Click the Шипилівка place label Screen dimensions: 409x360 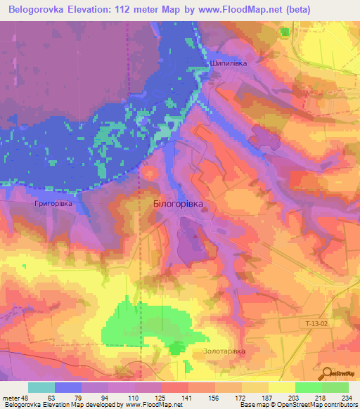pos(229,63)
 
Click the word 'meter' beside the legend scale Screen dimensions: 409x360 pos(12,397)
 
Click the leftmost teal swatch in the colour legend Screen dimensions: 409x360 pos(41,387)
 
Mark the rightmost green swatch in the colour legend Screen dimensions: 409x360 pos(335,387)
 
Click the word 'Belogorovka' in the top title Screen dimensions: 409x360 pos(37,10)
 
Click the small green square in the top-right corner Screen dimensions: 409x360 pos(284,32)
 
